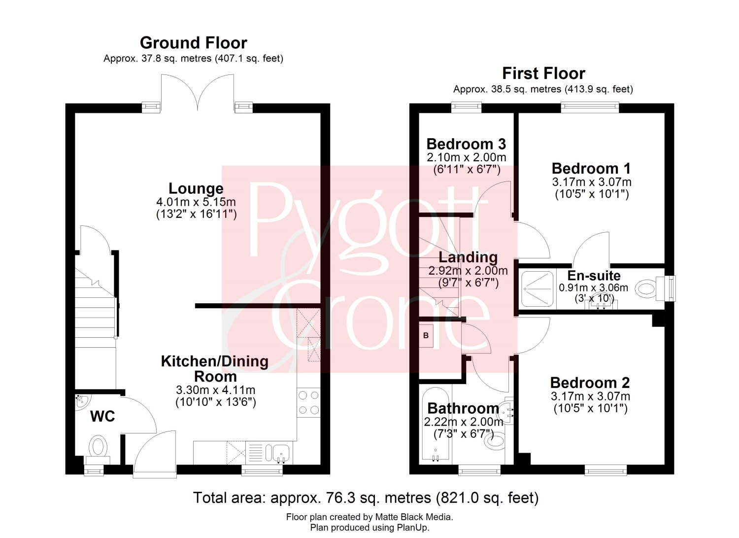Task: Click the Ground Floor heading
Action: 194,43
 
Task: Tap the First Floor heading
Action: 544,73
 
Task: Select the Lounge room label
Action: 196,188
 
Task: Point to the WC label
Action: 102,417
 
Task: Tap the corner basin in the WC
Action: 81,402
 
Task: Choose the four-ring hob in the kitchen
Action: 308,402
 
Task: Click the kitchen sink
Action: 278,453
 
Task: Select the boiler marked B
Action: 426,335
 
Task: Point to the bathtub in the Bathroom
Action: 436,425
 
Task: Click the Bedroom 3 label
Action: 466,144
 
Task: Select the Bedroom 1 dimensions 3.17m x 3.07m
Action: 592,182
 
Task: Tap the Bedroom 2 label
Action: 590,383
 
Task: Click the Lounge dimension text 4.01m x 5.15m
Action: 196,202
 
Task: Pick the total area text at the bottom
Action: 366,498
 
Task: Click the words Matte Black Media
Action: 414,517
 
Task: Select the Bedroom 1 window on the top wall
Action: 590,107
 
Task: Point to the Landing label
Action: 468,257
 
